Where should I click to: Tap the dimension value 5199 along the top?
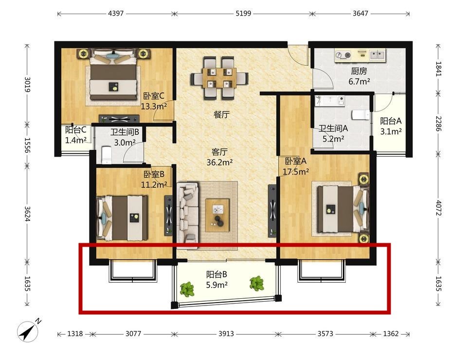243,14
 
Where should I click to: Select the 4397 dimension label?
116,14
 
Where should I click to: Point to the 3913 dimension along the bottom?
226,334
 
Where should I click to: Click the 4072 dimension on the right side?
438,208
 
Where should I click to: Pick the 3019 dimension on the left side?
27,85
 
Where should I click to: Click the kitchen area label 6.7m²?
359,81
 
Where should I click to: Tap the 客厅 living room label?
219,152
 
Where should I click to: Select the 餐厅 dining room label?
222,114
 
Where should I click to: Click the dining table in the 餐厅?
219,78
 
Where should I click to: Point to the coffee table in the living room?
217,216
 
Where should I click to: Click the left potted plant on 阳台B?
187,289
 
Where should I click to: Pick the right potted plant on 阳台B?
256,283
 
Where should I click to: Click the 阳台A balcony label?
391,121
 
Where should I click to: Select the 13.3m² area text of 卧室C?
154,106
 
